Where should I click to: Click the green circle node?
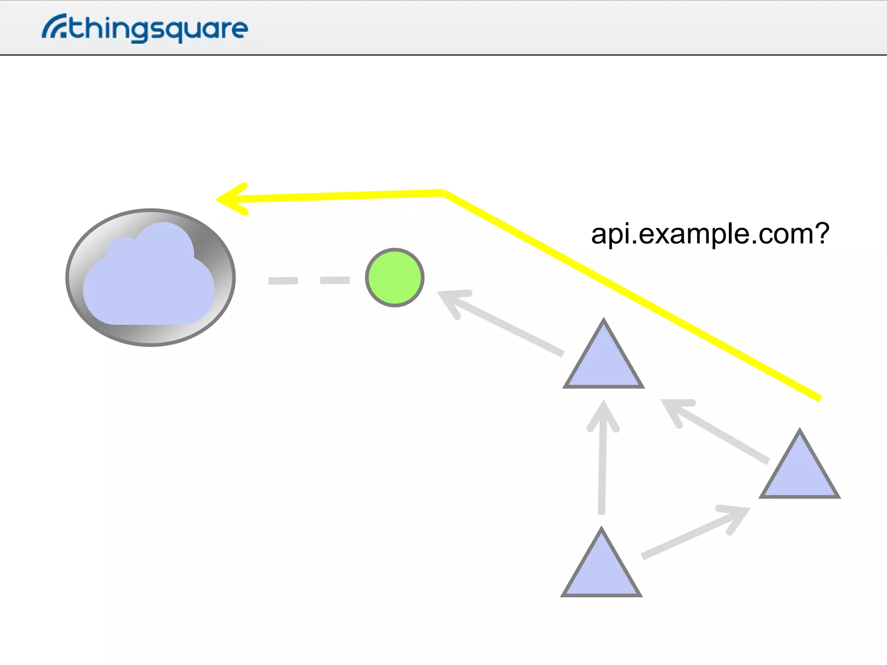(x=395, y=278)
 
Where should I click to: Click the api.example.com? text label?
(x=710, y=234)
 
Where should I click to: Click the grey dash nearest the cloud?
(x=283, y=281)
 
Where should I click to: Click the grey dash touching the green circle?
(x=335, y=281)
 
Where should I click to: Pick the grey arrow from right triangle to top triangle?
(x=715, y=430)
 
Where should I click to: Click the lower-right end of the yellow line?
(x=819, y=398)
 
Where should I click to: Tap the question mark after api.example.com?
(x=820, y=234)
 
